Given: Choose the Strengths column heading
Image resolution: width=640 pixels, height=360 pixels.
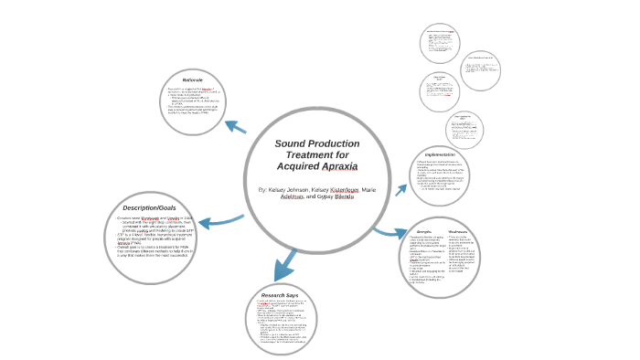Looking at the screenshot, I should pyautogui.click(x=425, y=231).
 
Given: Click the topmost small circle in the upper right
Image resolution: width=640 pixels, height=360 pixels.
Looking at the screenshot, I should pyautogui.click(x=441, y=44).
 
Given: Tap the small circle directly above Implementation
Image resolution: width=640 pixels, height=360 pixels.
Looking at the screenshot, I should pyautogui.click(x=464, y=129).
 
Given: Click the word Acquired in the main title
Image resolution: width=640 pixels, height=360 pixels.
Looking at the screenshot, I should pyautogui.click(x=294, y=168).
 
